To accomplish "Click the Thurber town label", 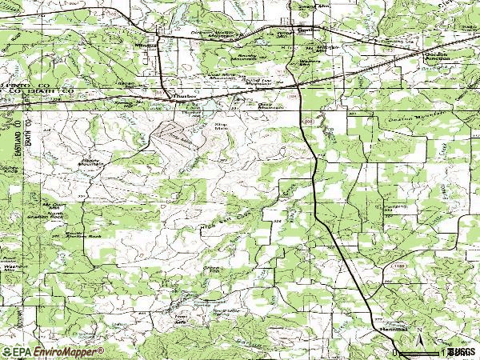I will click(185, 94).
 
